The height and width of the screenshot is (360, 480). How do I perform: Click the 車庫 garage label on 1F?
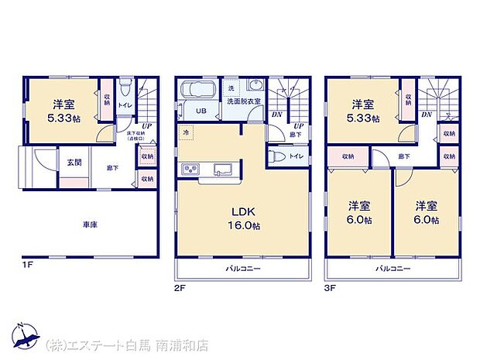click(91, 225)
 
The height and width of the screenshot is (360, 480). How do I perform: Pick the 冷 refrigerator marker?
click(187, 132)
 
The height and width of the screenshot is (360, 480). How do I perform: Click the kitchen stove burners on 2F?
click(190, 170)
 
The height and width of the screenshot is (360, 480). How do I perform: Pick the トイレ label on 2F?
click(295, 156)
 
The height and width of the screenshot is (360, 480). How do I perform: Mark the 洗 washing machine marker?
click(231, 87)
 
